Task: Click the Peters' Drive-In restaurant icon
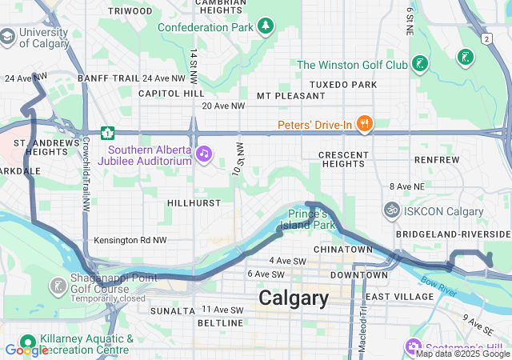point(364,123)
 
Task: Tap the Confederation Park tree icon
point(265,27)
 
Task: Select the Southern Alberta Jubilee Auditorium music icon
point(204,153)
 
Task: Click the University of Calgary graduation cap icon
point(7,37)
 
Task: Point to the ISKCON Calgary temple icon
point(391,211)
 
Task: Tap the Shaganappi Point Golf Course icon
point(58,286)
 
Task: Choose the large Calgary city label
point(293,298)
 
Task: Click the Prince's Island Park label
point(311,220)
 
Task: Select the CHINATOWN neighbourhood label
point(342,250)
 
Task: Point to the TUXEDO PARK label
point(342,85)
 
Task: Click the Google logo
point(26,350)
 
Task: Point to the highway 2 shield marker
point(486,38)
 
